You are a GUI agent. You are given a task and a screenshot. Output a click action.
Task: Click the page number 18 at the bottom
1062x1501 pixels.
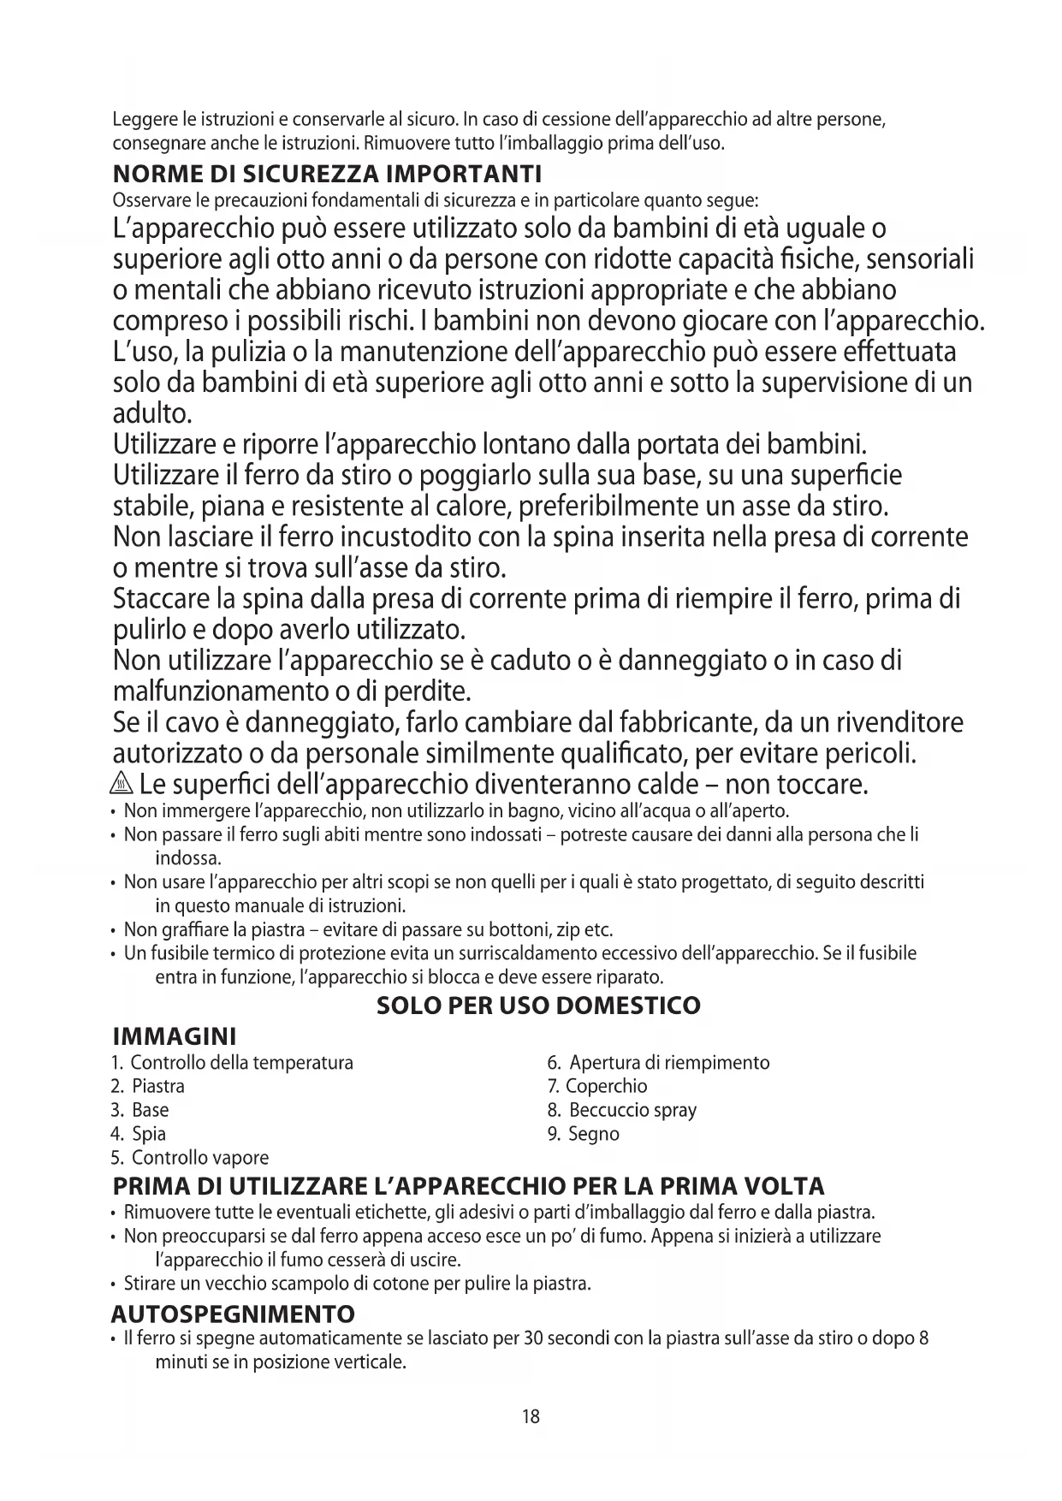pyautogui.click(x=531, y=1416)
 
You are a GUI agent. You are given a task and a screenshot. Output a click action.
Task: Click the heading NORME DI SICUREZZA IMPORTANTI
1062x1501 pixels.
pyautogui.click(x=328, y=175)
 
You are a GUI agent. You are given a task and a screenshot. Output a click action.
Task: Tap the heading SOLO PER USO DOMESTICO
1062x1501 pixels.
pyautogui.click(x=538, y=1006)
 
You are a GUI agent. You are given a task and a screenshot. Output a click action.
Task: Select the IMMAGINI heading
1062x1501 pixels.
pyautogui.click(x=175, y=1037)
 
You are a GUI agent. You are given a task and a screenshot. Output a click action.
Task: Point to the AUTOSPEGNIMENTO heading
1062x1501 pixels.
pyautogui.click(x=233, y=1314)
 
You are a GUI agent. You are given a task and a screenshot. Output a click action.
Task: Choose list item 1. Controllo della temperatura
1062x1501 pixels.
pyautogui.click(x=232, y=1063)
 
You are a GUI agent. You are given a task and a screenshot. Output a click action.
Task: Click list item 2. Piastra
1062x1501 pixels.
pyautogui.click(x=147, y=1087)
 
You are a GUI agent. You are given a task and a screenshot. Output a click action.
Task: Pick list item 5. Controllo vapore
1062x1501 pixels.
pyautogui.click(x=189, y=1159)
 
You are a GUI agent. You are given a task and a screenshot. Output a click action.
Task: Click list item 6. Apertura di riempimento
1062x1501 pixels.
pyautogui.click(x=658, y=1063)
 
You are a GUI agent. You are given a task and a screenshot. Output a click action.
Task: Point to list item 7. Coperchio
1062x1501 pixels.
pyautogui.click(x=596, y=1087)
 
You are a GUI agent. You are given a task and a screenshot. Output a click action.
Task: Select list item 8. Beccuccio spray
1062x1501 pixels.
pyautogui.click(x=621, y=1111)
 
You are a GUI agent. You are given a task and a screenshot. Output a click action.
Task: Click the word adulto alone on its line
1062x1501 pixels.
pyautogui.click(x=152, y=414)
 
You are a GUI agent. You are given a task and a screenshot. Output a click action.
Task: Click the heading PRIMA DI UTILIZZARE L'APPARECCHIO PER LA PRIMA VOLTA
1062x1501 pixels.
pyautogui.click(x=469, y=1187)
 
